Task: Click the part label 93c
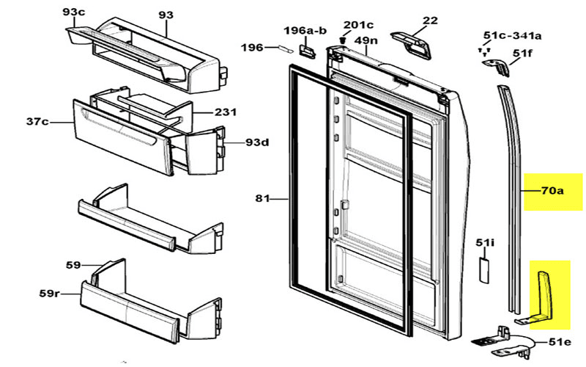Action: [x=73, y=12]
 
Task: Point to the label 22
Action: [x=430, y=20]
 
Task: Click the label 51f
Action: [x=522, y=53]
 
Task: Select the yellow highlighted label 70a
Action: [x=552, y=192]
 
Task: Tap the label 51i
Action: [x=485, y=242]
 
